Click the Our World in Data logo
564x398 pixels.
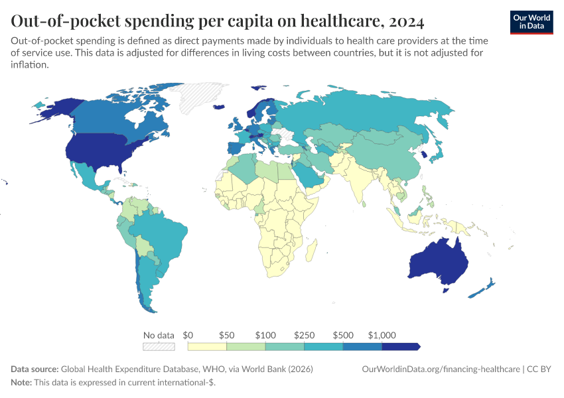tap(531, 22)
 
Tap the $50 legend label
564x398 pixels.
tap(226, 335)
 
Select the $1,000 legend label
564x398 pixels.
tap(382, 335)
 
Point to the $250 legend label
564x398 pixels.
tap(305, 335)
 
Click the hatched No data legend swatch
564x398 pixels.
tap(159, 346)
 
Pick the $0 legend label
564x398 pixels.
tap(188, 335)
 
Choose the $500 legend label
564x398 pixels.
tap(343, 335)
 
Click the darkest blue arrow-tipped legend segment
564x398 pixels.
tap(401, 346)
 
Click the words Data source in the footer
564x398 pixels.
tap(35, 369)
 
